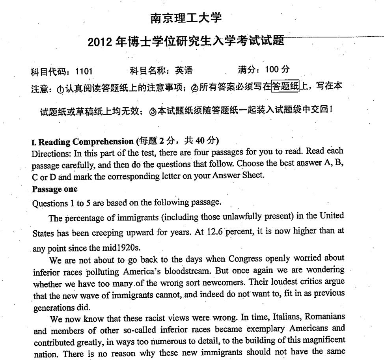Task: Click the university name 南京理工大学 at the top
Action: click(186, 18)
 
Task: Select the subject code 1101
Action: click(84, 71)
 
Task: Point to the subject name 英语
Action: click(184, 71)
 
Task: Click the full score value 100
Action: click(272, 70)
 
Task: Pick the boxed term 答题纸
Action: click(286, 86)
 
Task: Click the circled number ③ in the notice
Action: click(153, 112)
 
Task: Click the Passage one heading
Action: click(55, 189)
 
